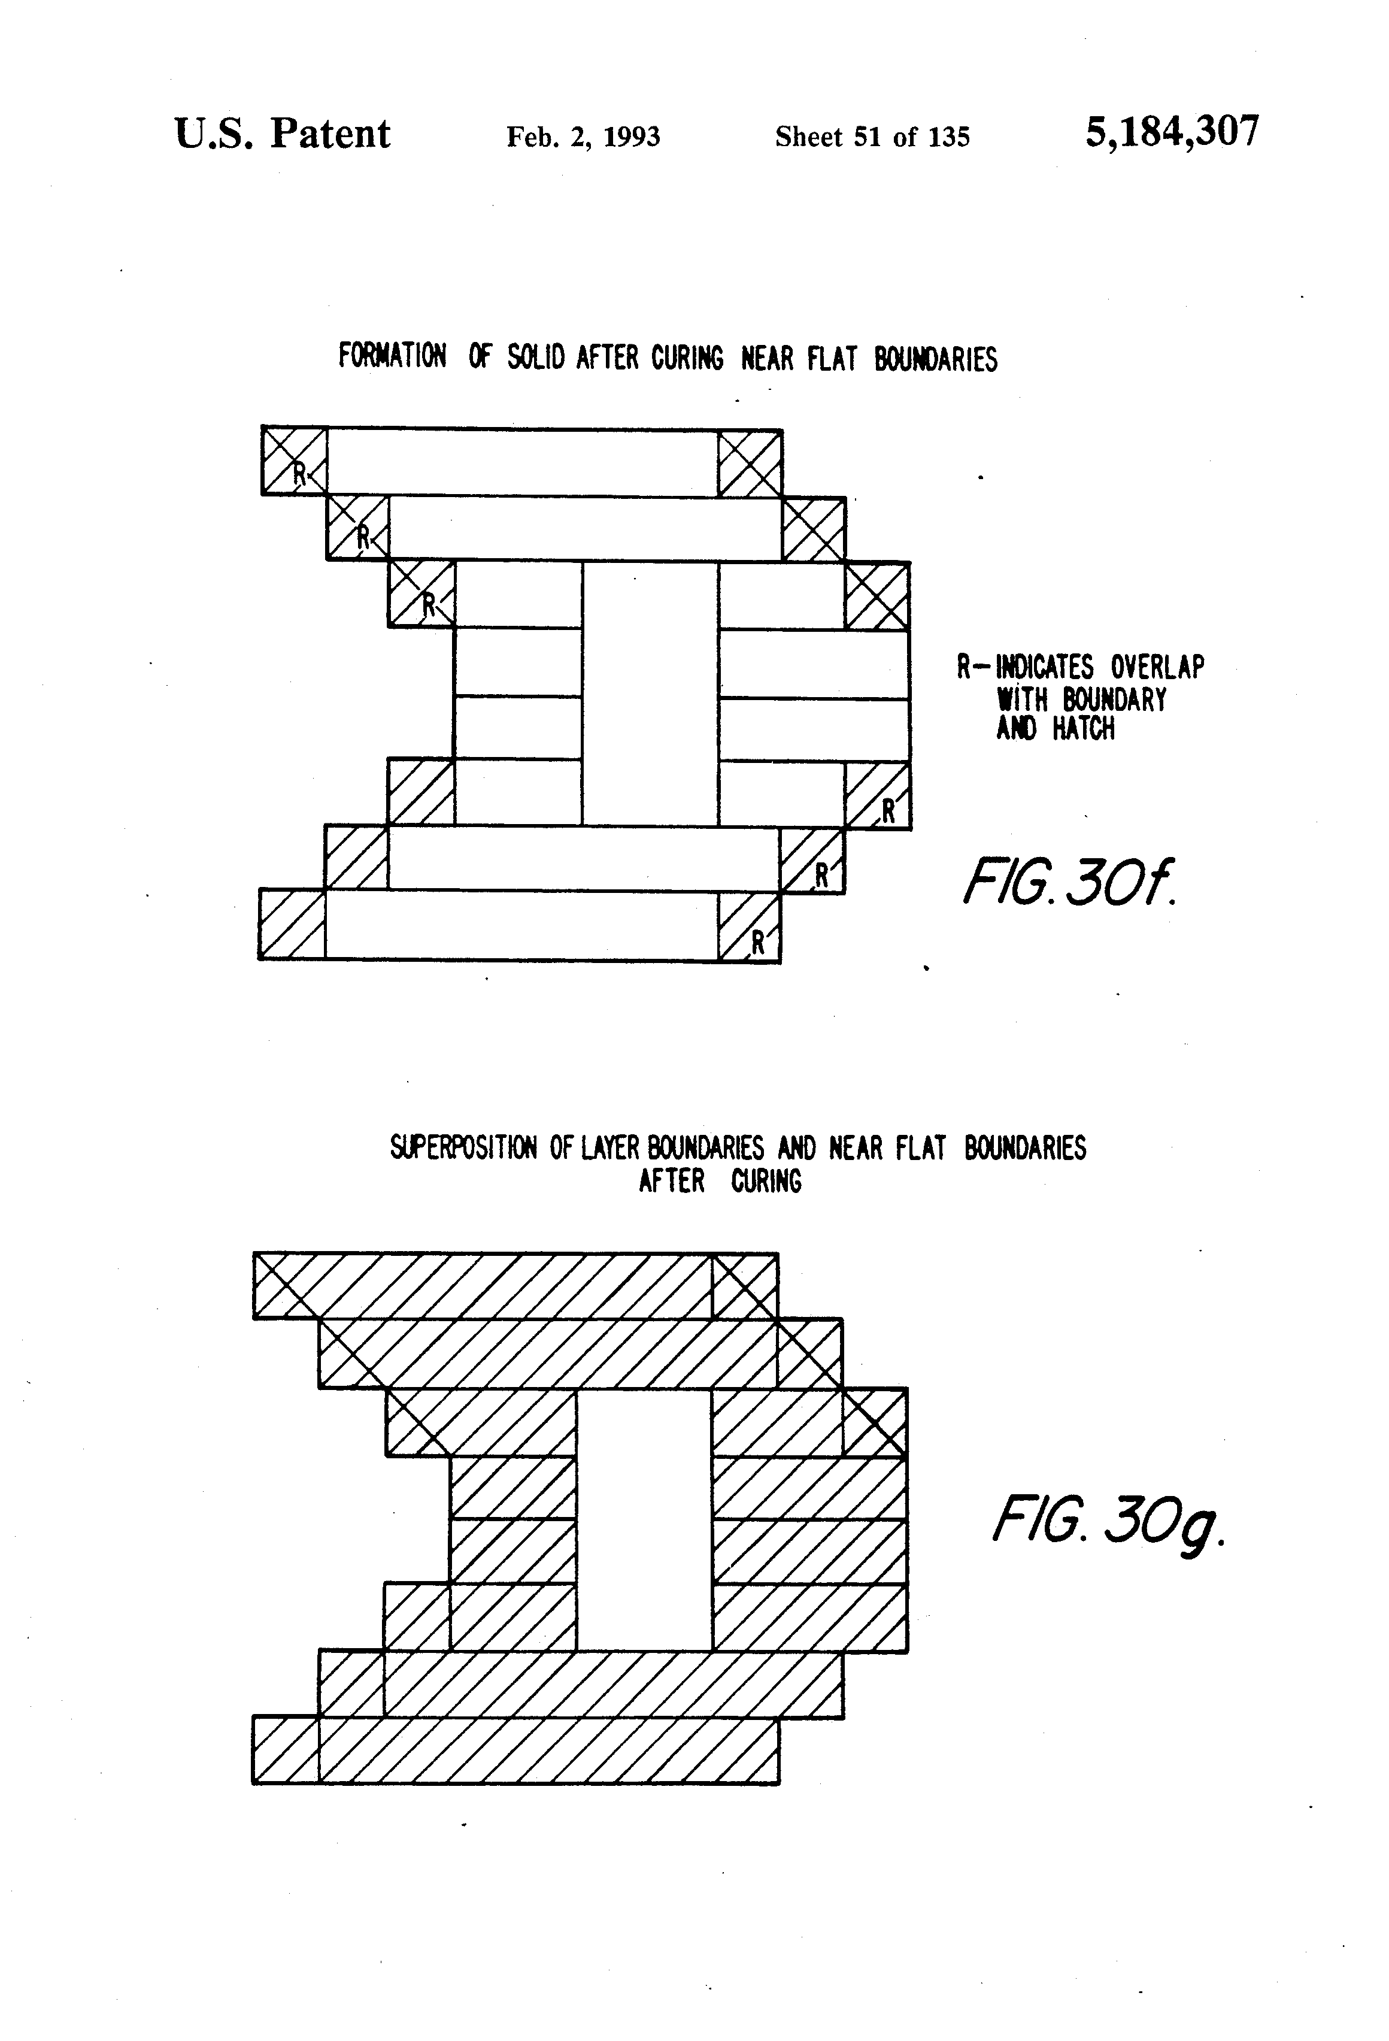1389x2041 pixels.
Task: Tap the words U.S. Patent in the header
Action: tap(282, 134)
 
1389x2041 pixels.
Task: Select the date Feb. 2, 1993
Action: tap(583, 137)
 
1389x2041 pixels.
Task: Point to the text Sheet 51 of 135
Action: tap(872, 137)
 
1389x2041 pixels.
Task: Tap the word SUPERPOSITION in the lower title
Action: tap(463, 1148)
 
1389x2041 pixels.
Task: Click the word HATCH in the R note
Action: tap(1084, 729)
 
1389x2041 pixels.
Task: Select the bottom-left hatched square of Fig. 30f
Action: tap(292, 925)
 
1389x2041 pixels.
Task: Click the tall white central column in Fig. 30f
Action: tap(650, 694)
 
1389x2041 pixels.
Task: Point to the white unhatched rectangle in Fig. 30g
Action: tap(644, 1519)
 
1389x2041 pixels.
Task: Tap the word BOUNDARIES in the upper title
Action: tap(935, 359)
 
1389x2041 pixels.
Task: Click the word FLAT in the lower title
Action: tap(921, 1148)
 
